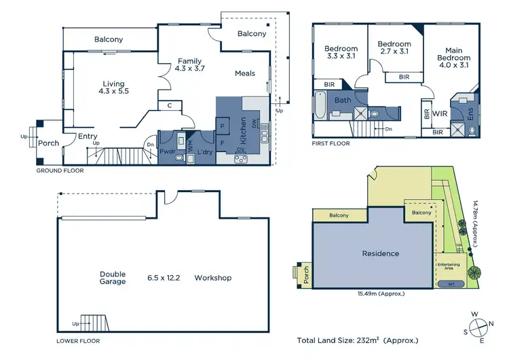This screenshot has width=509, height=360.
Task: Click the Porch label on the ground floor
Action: click(48, 143)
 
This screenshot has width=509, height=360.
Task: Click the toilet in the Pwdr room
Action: click(178, 158)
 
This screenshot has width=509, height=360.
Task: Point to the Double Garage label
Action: click(113, 278)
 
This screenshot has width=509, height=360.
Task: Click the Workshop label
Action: click(212, 278)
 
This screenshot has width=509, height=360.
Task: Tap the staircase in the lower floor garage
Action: click(92, 322)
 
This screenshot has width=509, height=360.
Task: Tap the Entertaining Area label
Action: click(449, 266)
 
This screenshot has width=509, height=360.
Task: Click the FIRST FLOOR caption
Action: click(331, 143)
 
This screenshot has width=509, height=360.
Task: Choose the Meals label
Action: click(245, 73)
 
